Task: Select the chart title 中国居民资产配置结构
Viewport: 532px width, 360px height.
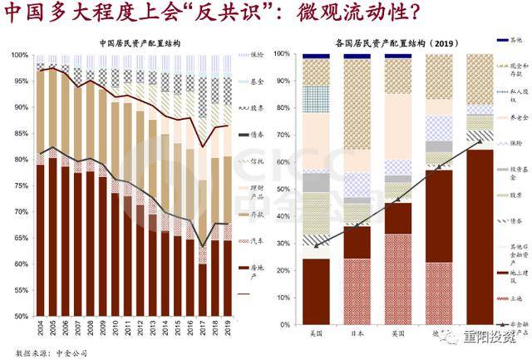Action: (x=139, y=42)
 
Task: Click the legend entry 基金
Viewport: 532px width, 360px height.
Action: (x=257, y=81)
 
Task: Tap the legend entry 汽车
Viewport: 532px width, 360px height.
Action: (x=257, y=240)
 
